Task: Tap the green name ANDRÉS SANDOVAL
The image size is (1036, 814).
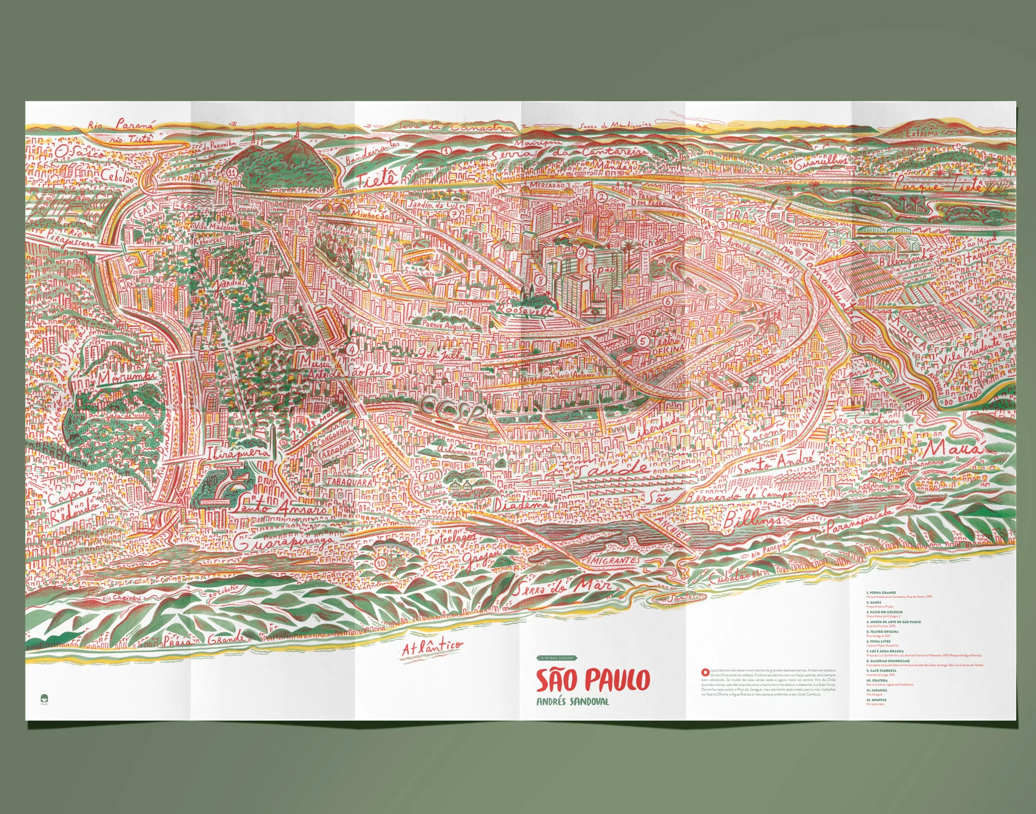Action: coord(573,702)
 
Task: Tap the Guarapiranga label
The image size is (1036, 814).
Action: coord(285,543)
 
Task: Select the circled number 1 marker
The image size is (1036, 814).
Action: coord(446,151)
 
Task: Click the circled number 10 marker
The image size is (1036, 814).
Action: coord(381,562)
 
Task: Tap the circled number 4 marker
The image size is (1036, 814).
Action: coord(352,348)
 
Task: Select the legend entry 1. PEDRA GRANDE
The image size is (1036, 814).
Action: coord(881,593)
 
